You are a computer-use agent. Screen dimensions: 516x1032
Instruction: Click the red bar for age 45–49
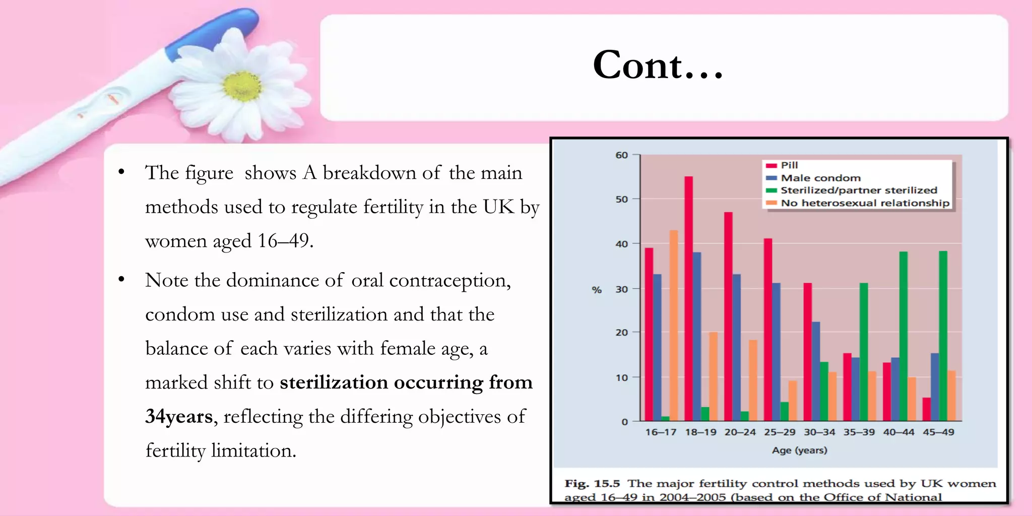[x=927, y=409]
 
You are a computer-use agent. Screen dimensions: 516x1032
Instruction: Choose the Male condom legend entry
[x=820, y=178]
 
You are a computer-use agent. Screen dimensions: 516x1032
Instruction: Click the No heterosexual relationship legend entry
[x=864, y=203]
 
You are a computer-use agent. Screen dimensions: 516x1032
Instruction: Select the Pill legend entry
[x=789, y=165]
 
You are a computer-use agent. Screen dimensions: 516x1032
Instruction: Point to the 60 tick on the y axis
[x=622, y=155]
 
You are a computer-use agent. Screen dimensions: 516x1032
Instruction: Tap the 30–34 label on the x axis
[x=819, y=432]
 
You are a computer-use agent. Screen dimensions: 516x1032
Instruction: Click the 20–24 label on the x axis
[x=740, y=432]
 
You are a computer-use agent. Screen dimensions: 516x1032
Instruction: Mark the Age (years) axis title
[x=800, y=450]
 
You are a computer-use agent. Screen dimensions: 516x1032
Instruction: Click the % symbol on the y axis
[x=597, y=290]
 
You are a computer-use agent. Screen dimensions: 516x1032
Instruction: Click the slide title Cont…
[x=658, y=66]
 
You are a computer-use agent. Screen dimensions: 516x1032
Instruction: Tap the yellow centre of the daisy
[x=242, y=86]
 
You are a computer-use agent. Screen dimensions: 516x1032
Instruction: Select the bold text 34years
[x=179, y=417]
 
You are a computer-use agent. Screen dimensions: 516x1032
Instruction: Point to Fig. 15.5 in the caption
[x=592, y=484]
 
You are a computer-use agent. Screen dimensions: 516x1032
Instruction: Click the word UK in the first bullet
[x=498, y=207]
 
